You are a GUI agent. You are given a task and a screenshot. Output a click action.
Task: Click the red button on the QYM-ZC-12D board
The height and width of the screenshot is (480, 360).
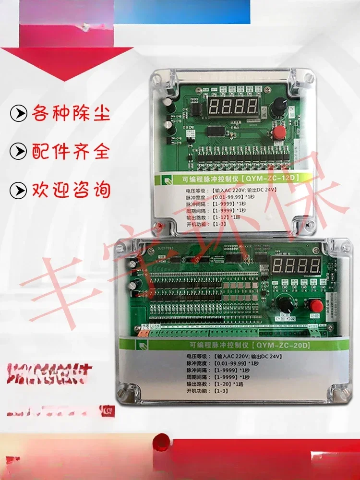point(278,133)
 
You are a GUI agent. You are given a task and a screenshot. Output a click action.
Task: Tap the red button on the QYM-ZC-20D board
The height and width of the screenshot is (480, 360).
point(315,305)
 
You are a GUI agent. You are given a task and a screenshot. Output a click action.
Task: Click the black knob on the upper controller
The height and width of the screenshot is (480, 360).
point(276,109)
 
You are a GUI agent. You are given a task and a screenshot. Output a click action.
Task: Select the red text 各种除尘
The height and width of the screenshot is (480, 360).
point(71,114)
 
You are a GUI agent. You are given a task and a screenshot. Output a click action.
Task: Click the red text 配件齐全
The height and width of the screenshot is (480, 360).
point(71,152)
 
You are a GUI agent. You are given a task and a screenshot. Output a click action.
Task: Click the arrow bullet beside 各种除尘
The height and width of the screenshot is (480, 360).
point(19,114)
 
